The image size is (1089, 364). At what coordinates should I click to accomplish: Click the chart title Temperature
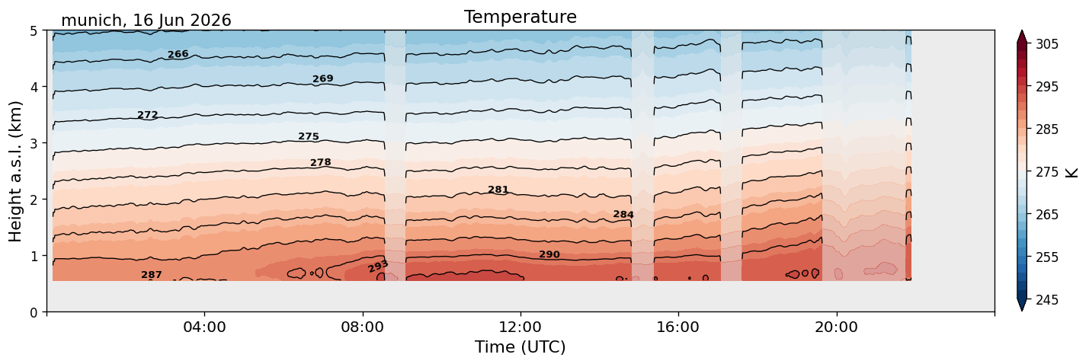point(520,17)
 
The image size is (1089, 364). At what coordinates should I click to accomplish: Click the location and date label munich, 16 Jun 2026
point(146,21)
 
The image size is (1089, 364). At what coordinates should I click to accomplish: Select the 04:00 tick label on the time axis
point(205,327)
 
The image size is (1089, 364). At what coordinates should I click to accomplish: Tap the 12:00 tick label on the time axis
point(520,327)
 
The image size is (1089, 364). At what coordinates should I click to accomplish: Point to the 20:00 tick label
point(837,327)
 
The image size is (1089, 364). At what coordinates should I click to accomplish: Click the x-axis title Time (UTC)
point(520,347)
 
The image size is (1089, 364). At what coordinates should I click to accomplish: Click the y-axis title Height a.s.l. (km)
point(15,171)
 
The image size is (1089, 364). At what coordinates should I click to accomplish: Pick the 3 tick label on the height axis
point(34,143)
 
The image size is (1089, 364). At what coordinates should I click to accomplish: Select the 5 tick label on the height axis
point(34,31)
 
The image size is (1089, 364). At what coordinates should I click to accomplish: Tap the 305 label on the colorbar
point(1046,44)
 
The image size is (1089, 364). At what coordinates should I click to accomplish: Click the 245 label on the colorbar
point(1046,300)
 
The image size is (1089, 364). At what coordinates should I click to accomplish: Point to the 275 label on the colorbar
point(1046,172)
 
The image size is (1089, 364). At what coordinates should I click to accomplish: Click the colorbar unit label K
point(1071,172)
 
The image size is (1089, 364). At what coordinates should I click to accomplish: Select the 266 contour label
point(178,54)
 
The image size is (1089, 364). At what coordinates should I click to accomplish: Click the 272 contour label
point(148,115)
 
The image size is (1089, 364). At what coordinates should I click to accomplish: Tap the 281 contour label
point(498,190)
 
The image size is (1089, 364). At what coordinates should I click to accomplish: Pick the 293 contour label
point(378,266)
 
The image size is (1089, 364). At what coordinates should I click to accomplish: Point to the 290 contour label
point(549,254)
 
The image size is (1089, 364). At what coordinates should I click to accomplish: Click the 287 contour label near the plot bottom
point(152,275)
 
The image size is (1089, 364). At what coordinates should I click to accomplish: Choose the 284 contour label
point(623,214)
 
